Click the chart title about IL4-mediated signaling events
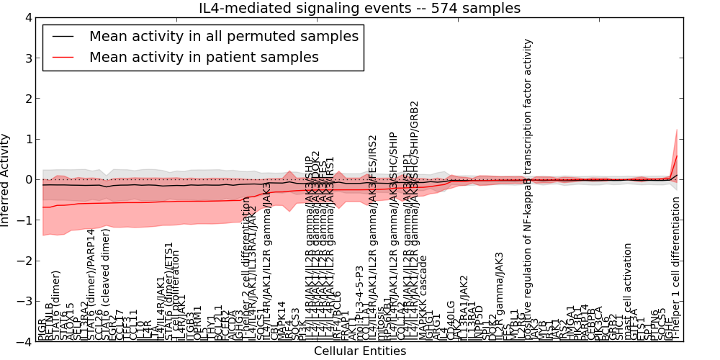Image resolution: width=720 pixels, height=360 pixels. click(x=359, y=9)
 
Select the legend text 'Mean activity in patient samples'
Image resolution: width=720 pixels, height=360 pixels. click(x=204, y=57)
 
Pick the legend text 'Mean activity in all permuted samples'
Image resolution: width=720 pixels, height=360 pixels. click(x=223, y=35)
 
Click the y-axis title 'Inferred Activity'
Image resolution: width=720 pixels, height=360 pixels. click(x=6, y=179)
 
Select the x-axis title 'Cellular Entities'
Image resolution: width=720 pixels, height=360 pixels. click(x=359, y=351)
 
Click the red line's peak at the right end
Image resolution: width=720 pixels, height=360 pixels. click(x=677, y=156)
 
